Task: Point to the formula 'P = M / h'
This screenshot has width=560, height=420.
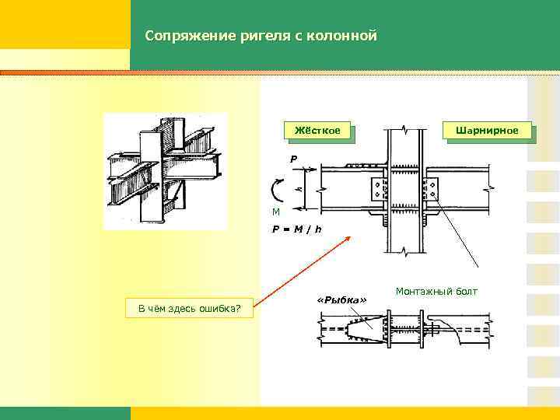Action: pyautogui.click(x=296, y=229)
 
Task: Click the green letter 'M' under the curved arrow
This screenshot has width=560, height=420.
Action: pyautogui.click(x=275, y=212)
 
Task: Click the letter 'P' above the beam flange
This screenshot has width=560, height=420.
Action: pyautogui.click(x=293, y=159)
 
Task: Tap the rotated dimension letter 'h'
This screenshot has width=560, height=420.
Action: pyautogui.click(x=300, y=189)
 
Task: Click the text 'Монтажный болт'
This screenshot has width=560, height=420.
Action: pyautogui.click(x=436, y=292)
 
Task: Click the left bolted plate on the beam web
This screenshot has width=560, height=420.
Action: pyautogui.click(x=379, y=188)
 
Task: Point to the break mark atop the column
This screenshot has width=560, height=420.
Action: pyautogui.click(x=405, y=128)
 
